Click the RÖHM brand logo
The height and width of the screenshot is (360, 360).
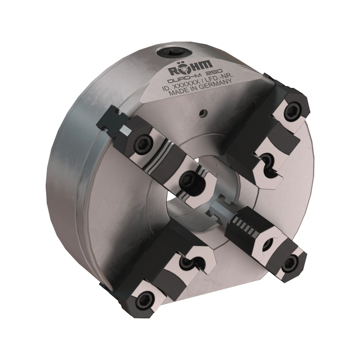pos(191,68)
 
